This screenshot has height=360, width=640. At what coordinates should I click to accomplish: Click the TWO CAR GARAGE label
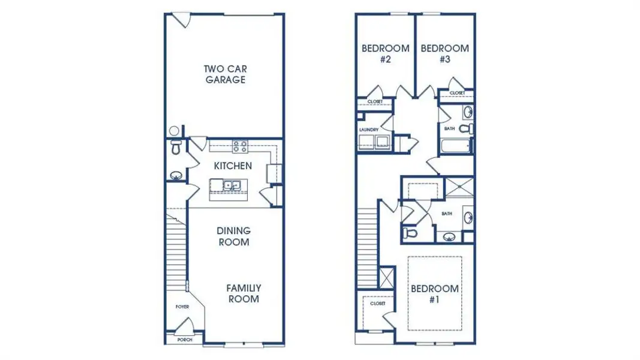(225, 74)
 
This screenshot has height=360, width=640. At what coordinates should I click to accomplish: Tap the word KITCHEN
(233, 166)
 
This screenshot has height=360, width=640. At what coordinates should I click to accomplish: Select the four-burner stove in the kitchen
(240, 146)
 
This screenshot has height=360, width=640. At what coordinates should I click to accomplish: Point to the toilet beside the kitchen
(176, 148)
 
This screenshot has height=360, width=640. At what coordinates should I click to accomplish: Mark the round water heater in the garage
(175, 131)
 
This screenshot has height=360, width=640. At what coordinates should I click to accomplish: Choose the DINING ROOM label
(233, 236)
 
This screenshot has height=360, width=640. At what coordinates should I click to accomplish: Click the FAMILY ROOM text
(243, 293)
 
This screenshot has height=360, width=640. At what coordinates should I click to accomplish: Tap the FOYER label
(182, 307)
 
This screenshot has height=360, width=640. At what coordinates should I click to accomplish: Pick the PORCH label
(185, 340)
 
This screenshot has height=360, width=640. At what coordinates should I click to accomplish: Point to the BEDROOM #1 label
(435, 294)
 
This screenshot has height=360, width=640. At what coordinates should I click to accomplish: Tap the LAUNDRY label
(368, 130)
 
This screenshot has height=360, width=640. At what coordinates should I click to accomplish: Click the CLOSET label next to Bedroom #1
(377, 304)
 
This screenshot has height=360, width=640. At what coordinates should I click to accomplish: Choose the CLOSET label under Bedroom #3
(457, 93)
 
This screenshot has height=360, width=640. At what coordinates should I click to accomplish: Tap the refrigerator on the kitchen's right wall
(275, 173)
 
